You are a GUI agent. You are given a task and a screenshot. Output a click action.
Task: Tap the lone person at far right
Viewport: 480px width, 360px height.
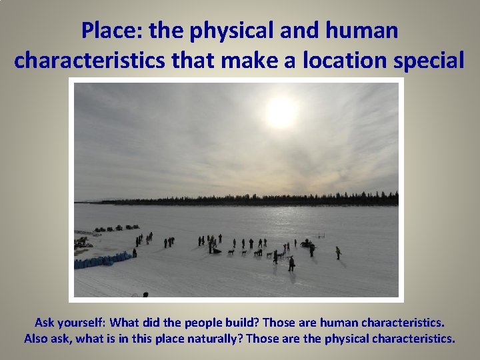coord(338,253)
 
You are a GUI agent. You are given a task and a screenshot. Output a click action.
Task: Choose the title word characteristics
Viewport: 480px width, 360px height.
coord(91,60)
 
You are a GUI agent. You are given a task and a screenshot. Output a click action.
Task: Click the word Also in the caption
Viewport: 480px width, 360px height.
coord(37,338)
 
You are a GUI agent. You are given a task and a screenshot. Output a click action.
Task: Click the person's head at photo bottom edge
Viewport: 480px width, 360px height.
coord(145,295)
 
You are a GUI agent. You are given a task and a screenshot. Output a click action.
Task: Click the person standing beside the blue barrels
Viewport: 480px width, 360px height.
coord(135,253)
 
